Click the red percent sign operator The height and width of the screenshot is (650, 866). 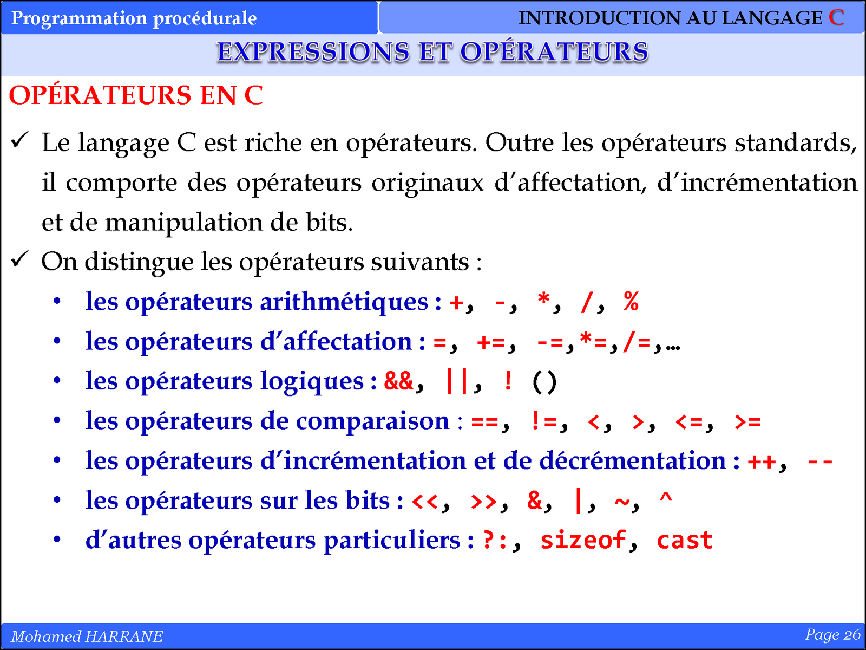coord(631,302)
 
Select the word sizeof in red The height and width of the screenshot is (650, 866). coord(583,540)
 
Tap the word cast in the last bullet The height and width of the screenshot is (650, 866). coord(685,540)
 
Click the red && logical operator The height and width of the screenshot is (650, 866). coord(398,381)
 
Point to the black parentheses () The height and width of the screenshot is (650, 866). coord(544,382)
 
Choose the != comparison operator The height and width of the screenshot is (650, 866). coord(543,421)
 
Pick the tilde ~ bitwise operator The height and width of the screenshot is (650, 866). coord(622,501)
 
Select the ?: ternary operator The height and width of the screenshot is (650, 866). coord(495,540)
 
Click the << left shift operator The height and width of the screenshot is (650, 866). coord(425,501)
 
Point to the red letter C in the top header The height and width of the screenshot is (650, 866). coord(836,17)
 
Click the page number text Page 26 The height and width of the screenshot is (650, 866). coord(832,635)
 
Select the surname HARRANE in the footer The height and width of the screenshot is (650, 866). coord(124,636)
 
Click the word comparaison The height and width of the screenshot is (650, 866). coord(372,421)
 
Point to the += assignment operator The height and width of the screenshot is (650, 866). coord(491,342)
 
